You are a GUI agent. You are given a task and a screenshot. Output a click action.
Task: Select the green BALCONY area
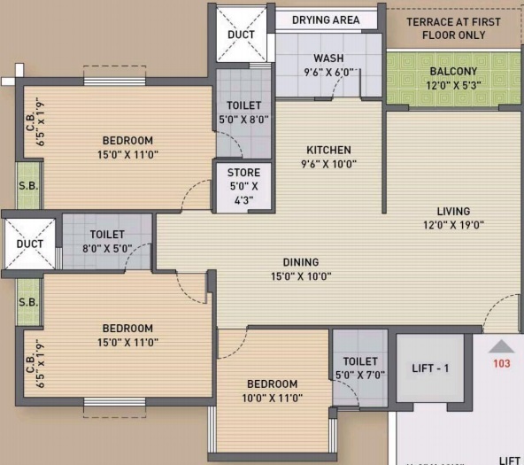452,78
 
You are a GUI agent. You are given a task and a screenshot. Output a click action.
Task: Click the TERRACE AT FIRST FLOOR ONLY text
452,27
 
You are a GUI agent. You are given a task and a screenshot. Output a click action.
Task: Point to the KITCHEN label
328,150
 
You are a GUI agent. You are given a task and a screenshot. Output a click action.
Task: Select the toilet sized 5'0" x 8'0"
243,112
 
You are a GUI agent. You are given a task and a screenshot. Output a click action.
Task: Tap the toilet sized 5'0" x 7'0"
359,368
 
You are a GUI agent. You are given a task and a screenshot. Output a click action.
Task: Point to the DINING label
301,262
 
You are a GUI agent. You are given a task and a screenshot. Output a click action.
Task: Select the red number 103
501,363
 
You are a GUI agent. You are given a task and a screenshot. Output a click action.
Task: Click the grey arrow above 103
501,346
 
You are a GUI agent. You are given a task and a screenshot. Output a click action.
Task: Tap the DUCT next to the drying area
241,35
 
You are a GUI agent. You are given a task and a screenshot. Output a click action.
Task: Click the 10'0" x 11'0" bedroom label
272,391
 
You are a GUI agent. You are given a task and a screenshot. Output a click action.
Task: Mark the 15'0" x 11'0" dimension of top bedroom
127,155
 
